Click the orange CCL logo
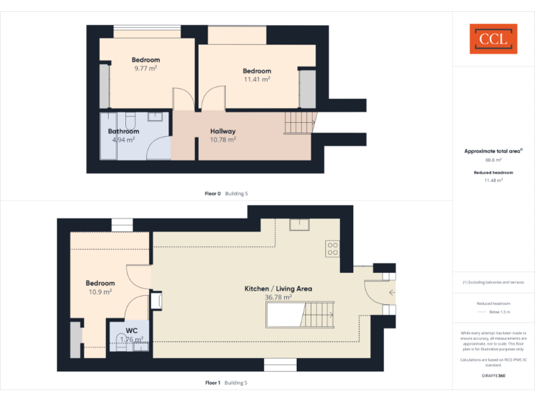493,39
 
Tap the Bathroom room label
123,131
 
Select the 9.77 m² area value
146,68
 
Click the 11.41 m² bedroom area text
256,80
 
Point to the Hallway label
223,131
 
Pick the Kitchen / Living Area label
278,288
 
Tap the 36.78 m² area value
278,297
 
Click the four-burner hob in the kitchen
332,248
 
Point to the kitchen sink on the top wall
301,224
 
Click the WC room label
132,331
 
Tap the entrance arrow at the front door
391,293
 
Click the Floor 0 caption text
212,193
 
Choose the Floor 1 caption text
212,382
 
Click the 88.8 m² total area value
493,160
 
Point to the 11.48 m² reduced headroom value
493,180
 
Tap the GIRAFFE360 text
493,376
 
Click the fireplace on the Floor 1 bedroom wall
157,300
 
